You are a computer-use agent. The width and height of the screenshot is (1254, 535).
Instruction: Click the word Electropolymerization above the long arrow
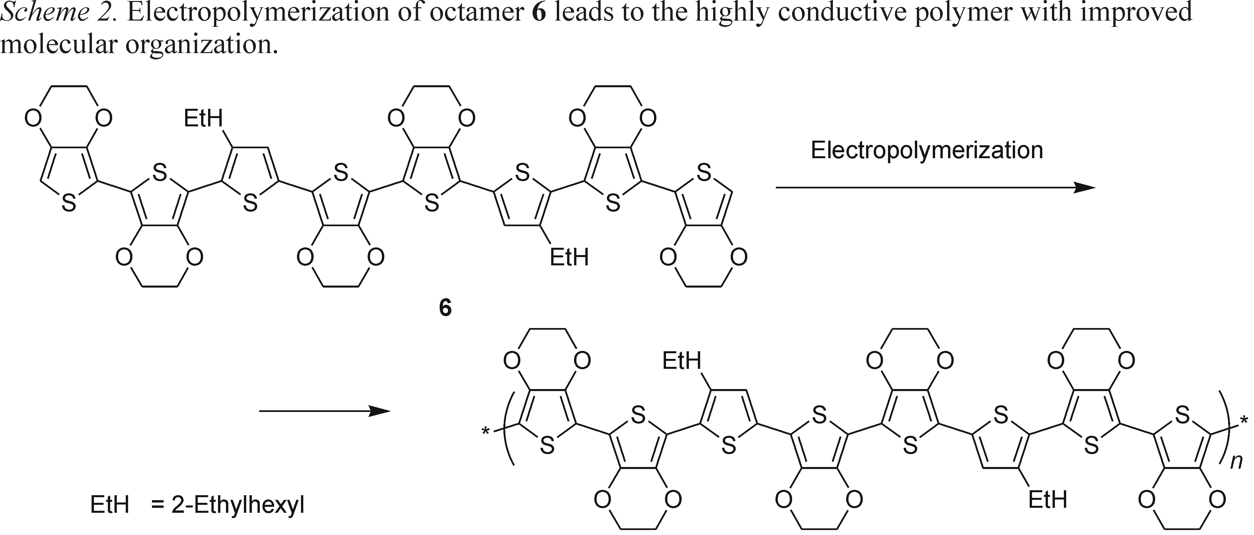click(926, 151)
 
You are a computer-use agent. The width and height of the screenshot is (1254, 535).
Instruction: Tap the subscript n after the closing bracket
click(1236, 461)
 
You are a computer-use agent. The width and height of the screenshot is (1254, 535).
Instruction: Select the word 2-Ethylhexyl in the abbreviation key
click(238, 506)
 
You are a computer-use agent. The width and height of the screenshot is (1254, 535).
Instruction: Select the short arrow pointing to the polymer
click(324, 412)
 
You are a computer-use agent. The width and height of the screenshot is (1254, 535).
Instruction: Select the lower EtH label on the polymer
click(1048, 500)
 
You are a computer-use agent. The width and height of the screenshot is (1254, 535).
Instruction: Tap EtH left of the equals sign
click(110, 506)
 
